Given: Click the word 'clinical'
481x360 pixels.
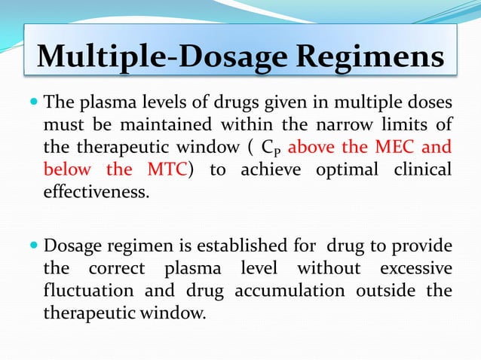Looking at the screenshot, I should coord(425,169).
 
